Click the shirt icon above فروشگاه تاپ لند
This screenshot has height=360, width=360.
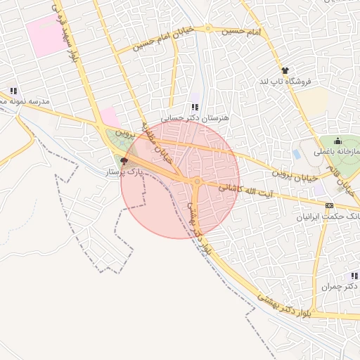coord(285,70)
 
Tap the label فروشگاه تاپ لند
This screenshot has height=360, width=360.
coord(285,82)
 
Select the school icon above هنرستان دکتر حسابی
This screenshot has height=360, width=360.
coord(195,107)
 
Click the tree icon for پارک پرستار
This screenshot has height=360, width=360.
coord(124,161)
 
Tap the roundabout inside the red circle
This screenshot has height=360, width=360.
coord(197,182)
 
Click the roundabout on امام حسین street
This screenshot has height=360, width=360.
coord(208,29)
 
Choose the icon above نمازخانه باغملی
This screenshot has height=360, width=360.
coord(337,141)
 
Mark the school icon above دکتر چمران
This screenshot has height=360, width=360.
coord(354,276)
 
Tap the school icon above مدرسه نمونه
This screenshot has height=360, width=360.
coord(13,91)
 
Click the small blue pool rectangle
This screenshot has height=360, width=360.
coord(296,153)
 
